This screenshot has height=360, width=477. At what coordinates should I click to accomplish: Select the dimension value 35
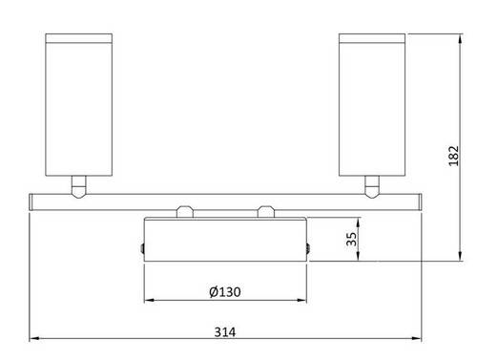click(351, 239)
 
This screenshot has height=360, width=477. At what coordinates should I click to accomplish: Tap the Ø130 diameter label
click(226, 291)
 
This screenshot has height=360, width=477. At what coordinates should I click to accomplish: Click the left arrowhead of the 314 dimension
click(33, 339)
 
